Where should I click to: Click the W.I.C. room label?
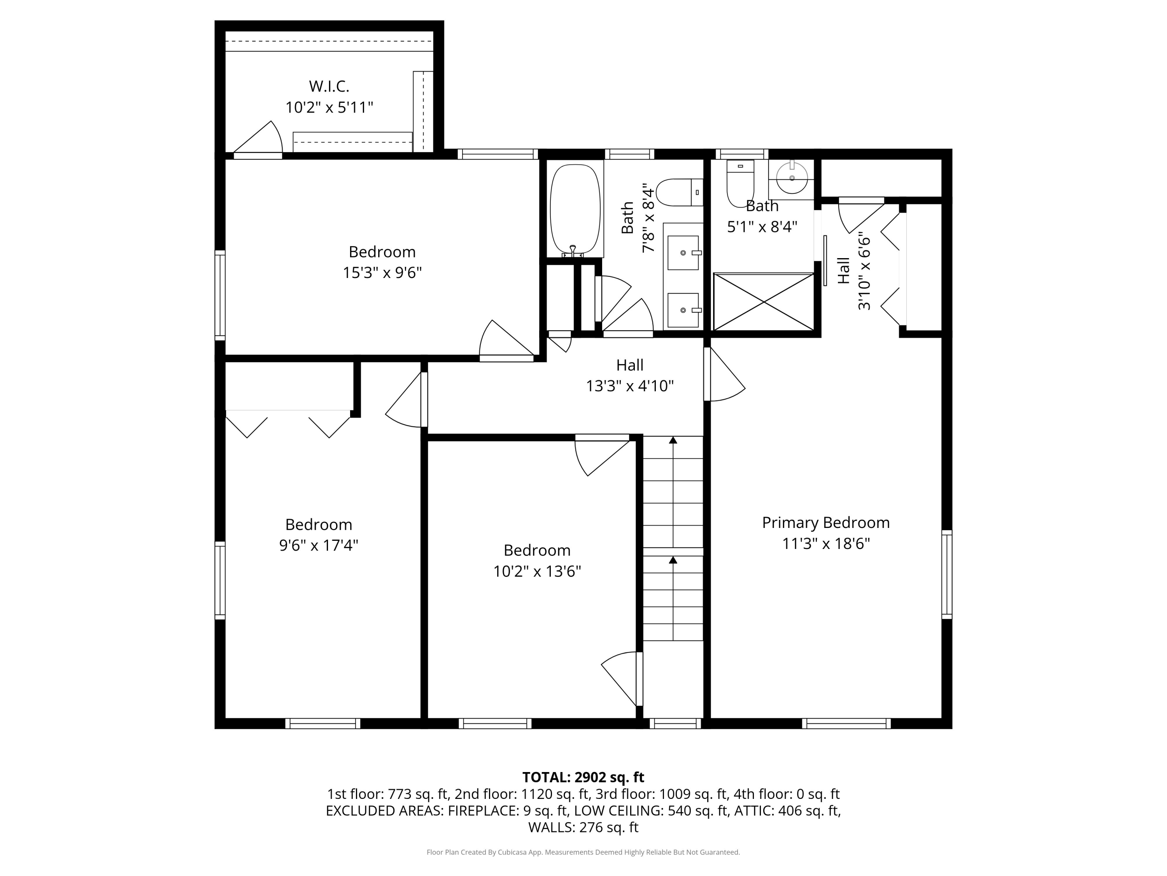click(329, 86)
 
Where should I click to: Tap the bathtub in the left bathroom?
click(575, 209)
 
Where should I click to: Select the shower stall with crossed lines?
click(763, 302)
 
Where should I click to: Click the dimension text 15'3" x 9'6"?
click(382, 273)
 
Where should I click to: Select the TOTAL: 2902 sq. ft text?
click(583, 777)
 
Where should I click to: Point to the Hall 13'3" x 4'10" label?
click(629, 375)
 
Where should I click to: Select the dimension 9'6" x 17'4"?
click(318, 545)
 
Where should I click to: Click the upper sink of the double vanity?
click(683, 253)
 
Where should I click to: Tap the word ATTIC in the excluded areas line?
click(759, 811)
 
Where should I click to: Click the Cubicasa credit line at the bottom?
click(583, 852)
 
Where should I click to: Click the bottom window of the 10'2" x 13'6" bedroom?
click(495, 723)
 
